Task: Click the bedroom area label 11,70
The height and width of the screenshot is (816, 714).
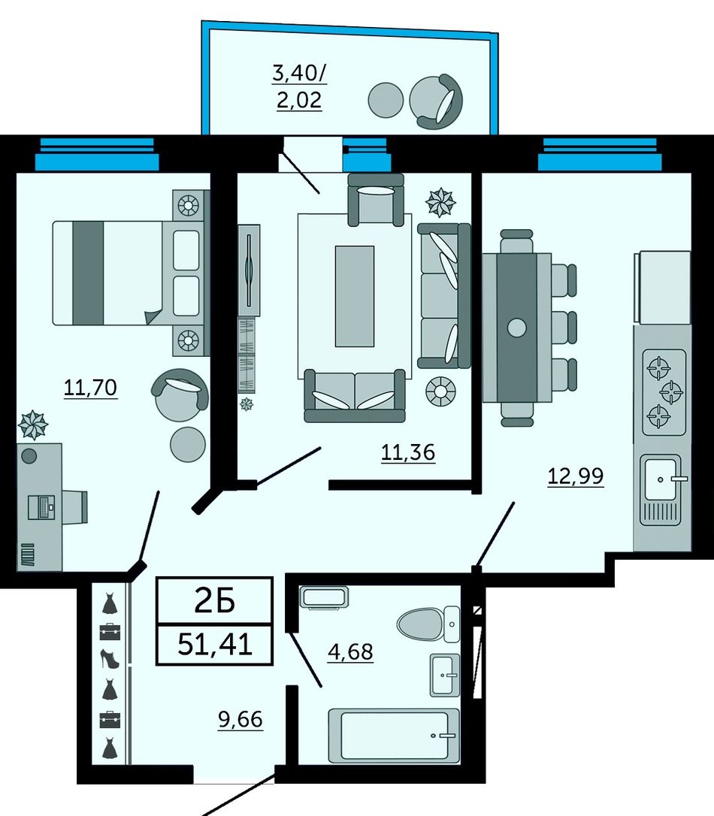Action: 90,388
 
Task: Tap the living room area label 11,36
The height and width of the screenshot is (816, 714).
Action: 408,453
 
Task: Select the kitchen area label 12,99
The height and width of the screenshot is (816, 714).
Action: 576,476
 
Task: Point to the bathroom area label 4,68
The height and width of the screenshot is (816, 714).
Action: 350,651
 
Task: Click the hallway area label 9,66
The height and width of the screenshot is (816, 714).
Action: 241,720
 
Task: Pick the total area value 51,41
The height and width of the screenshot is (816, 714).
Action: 215,645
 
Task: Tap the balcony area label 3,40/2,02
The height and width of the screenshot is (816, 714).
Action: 299,86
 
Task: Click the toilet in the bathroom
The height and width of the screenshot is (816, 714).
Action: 428,624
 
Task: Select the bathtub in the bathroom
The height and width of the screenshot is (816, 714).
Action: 394,736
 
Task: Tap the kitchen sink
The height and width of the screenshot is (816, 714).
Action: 661,490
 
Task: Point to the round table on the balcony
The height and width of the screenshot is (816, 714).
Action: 386,101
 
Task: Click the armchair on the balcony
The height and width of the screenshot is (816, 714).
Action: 436,101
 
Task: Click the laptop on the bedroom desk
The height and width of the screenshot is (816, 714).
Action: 41,507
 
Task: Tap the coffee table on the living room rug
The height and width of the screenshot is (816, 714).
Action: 355,296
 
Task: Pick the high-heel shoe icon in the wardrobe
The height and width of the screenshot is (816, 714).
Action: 109,659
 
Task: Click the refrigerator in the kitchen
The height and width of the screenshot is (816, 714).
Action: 662,287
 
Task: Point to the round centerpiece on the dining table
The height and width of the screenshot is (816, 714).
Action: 517,328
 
